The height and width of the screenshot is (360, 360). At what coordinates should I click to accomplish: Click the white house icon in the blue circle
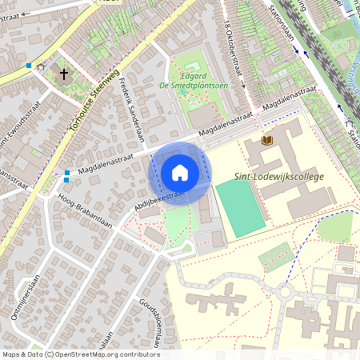pos(180,173)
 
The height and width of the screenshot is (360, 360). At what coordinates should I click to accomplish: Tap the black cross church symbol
pos(63,74)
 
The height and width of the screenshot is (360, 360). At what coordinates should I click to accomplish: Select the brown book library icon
pos(268,141)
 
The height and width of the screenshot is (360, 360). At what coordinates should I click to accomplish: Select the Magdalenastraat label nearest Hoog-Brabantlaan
pos(106,159)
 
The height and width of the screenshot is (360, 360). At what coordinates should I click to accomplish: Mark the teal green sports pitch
pos(239,207)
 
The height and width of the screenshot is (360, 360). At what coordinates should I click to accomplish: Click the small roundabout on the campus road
pos(286,291)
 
